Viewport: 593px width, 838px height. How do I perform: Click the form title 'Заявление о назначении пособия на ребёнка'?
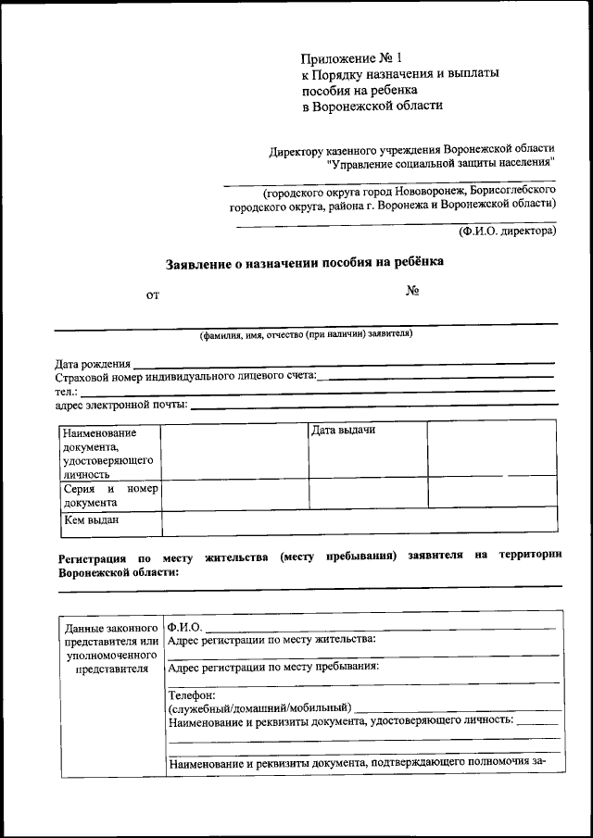(305, 262)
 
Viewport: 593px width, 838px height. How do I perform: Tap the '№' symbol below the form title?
(413, 291)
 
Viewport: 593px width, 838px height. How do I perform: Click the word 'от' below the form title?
(153, 295)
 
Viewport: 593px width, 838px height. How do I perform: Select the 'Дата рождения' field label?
(93, 364)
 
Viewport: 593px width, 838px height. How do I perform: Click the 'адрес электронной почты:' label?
(121, 405)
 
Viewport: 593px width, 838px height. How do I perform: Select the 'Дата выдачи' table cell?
(343, 431)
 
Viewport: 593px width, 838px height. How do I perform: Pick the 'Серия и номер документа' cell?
(109, 495)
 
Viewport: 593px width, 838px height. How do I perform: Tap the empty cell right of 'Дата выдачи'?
(491, 449)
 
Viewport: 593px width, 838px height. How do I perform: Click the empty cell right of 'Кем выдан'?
(360, 521)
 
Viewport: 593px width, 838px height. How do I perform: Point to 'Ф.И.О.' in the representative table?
(184, 627)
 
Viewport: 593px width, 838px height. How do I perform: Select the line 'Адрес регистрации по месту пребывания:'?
(273, 666)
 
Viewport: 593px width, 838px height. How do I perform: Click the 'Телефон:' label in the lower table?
(192, 694)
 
